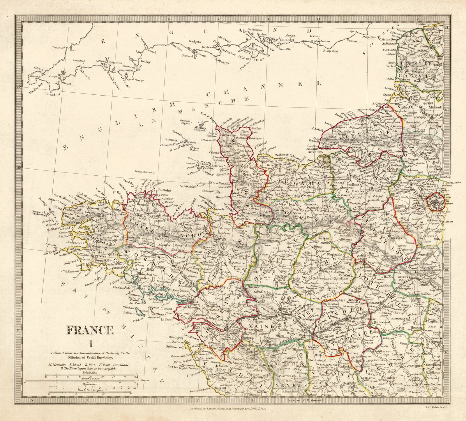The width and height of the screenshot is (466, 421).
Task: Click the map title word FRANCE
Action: (x=91, y=330)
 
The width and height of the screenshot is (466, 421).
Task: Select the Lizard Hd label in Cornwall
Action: (x=53, y=94)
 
